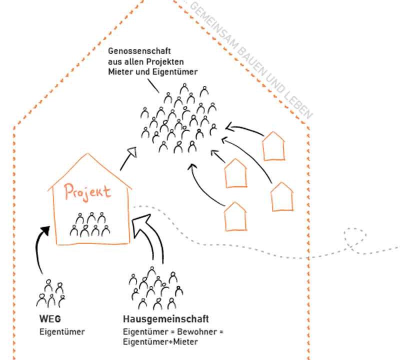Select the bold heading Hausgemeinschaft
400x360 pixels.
(x=165, y=319)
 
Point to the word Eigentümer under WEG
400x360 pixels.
(x=62, y=331)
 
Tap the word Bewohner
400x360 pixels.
(x=191, y=332)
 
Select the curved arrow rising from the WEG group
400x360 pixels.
(x=38, y=250)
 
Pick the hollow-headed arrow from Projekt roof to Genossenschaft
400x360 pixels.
(x=129, y=159)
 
